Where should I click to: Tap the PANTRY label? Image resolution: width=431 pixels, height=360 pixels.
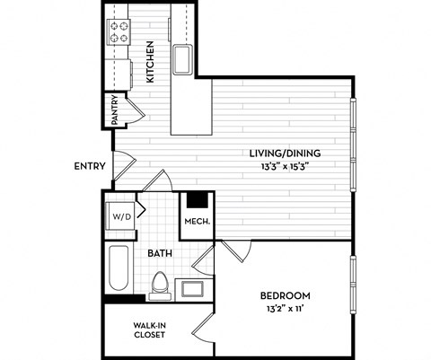(x=115, y=110)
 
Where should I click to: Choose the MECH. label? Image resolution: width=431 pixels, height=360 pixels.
(x=198, y=222)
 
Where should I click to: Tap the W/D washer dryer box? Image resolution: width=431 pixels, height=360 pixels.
(x=119, y=216)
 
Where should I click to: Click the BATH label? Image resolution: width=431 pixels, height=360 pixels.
(x=160, y=254)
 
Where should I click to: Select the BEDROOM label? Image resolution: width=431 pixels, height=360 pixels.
(x=285, y=296)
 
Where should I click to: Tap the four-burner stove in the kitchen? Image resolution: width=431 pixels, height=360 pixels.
(x=119, y=32)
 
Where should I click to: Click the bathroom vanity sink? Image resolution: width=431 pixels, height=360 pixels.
(x=191, y=289)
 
